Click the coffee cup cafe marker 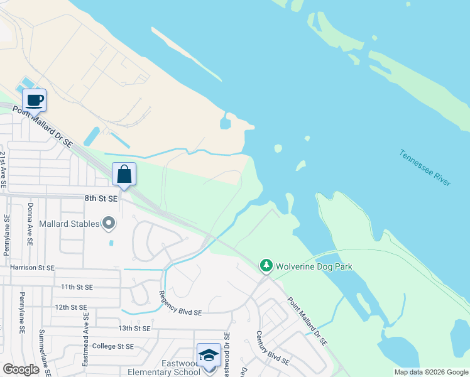point(34,101)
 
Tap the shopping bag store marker point(124,174)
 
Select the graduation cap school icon point(209,356)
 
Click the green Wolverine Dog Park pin point(266,266)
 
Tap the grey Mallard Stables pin point(109,223)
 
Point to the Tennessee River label point(425,167)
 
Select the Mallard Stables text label point(69,224)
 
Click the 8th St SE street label point(101,198)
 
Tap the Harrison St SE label point(33,268)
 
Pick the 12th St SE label point(70,307)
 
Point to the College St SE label point(112,346)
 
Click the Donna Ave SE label point(30,223)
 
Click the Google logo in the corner point(21,369)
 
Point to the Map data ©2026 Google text point(431,372)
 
